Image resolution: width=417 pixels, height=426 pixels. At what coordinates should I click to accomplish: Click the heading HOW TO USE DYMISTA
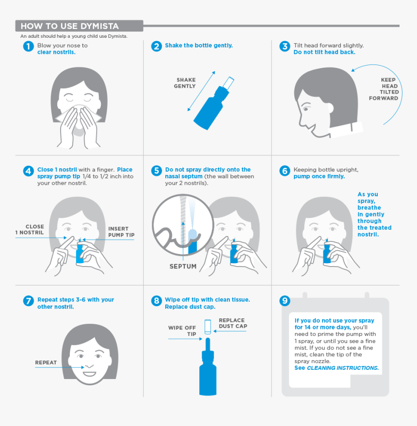point(69,26)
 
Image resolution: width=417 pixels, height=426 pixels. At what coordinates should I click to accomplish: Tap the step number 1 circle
point(29,47)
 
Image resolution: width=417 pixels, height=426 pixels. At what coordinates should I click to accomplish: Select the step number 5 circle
point(156,171)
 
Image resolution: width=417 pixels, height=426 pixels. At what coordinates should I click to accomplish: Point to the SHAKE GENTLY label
point(186,83)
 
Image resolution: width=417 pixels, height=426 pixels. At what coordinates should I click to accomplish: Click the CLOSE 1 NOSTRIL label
point(30,230)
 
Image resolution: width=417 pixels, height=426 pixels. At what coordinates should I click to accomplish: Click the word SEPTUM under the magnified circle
point(183,267)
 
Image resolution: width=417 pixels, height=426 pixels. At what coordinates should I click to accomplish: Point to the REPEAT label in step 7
point(46,363)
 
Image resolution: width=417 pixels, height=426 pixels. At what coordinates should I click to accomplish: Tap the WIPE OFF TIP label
point(182,331)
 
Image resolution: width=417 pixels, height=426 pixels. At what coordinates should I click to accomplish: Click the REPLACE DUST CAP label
point(233,323)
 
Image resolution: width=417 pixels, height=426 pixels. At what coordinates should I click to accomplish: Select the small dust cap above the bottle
point(207,326)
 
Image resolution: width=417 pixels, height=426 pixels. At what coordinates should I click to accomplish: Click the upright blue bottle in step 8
point(207,373)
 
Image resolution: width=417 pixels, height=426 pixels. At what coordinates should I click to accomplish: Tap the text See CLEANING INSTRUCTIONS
point(337,368)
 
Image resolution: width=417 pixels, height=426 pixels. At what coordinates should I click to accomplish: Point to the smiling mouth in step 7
point(90,374)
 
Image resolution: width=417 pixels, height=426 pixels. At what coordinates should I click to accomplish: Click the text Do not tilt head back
point(324,52)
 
